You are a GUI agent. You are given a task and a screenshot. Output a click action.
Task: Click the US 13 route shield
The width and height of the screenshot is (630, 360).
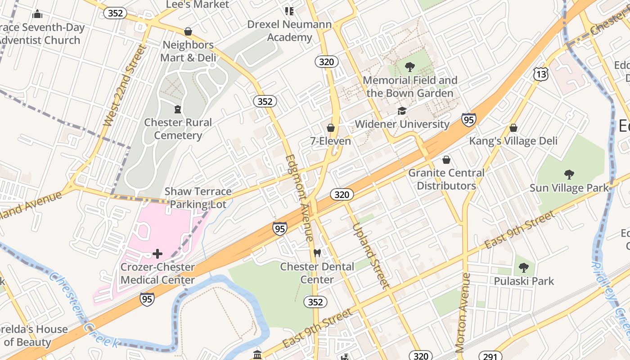coord(541,74)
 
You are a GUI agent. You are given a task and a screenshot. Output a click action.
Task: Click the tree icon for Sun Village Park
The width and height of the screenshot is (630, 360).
coord(569,174)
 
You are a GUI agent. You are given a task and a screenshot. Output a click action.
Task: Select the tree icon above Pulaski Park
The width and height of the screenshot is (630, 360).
coord(523,268)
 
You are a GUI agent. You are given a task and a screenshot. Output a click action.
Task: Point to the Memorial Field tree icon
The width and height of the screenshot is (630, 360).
coord(409,67)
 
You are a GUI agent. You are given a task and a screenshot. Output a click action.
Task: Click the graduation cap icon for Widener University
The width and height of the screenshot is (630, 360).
coord(402,111)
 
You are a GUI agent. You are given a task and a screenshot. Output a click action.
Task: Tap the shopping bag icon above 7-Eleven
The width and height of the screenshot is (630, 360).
coord(331,128)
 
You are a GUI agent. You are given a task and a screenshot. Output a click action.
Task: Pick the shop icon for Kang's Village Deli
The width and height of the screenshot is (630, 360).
coord(513,128)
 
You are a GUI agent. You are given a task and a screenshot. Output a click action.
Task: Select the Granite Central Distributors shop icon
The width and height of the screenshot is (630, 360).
coord(446,160)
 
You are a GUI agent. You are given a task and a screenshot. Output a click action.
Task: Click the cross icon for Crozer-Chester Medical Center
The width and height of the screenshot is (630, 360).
coord(157,254)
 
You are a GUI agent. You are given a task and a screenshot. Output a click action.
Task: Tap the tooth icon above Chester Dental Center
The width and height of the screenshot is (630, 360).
coord(317,253)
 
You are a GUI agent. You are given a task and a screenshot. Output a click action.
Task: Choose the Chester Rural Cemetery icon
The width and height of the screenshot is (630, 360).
coord(178,109)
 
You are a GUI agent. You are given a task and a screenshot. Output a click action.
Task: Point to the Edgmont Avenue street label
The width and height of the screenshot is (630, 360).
coord(300,198)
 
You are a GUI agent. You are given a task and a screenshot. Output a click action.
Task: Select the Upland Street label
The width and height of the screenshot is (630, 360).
coord(370,256)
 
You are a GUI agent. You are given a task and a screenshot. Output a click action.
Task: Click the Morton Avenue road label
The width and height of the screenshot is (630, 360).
coord(463,313)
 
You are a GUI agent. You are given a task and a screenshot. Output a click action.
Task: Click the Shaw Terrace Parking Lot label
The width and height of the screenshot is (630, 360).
coord(198,198)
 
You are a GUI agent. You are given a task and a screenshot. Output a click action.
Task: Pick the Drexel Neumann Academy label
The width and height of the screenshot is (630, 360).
coord(289,31)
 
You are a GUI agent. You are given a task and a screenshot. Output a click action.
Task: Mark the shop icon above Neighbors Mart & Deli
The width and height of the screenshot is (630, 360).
coord(188,31)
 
